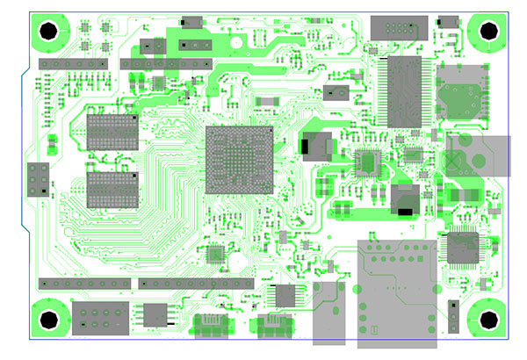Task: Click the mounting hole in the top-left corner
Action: coord(50,31)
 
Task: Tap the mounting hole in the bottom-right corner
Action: coord(486,320)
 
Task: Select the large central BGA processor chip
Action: coord(239,159)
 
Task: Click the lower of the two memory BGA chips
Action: coord(112,189)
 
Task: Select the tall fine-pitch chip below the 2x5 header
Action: coord(404,91)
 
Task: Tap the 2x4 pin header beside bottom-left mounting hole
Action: coord(100,316)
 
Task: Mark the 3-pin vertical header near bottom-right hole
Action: coord(452,317)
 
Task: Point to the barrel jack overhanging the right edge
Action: coord(478,155)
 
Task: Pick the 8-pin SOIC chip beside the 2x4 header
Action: coord(155,313)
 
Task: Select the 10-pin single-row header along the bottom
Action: coord(197,284)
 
